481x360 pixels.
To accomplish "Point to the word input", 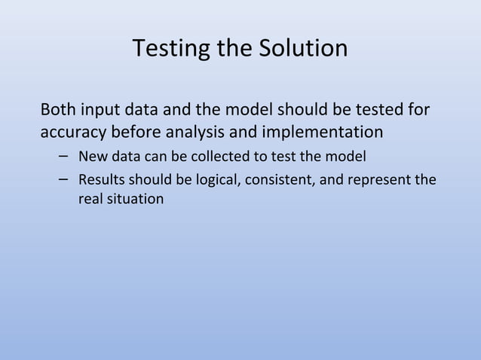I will click(x=99, y=110).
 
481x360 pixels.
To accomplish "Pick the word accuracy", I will click(x=72, y=133).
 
